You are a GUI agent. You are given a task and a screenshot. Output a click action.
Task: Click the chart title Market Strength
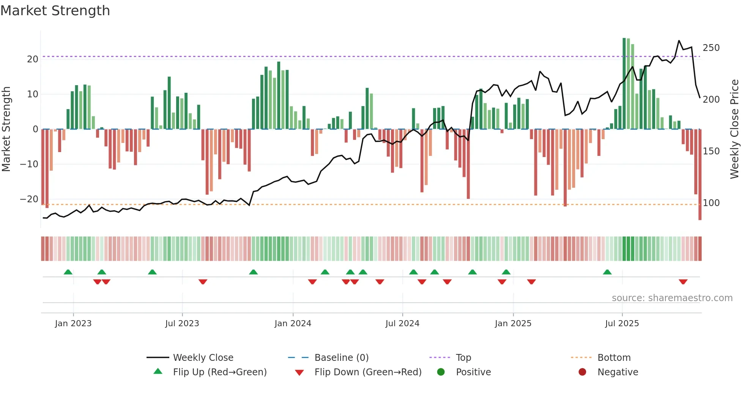pos(55,11)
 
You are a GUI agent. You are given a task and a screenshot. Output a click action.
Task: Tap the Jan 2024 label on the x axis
pos(293,324)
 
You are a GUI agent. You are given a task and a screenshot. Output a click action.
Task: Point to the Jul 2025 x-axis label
pos(622,324)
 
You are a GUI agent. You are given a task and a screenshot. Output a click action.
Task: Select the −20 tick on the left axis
pos(29,199)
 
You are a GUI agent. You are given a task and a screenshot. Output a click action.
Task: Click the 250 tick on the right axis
pos(711,48)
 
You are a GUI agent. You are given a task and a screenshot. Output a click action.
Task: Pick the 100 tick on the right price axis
pos(711,203)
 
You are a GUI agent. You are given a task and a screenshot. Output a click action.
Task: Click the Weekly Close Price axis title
pos(735,129)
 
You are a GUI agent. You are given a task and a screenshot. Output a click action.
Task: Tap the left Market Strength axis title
pos(6,129)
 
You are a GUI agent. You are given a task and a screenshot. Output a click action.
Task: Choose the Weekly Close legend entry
pos(203,358)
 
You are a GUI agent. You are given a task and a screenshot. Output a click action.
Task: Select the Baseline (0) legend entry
pos(341,358)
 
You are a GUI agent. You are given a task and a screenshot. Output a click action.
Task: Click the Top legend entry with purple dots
pos(463,358)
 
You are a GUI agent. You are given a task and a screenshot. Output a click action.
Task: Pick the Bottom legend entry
pos(614,358)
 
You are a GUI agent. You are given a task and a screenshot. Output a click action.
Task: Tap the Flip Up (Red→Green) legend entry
pos(219,372)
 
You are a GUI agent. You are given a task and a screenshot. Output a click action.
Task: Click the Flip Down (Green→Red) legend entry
pos(367,372)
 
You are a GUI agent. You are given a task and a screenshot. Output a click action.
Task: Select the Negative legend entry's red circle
pos(582,372)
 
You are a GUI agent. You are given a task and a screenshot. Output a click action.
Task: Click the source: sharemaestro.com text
pos(672,298)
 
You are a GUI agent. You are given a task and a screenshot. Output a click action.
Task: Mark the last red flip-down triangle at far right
pos(683,282)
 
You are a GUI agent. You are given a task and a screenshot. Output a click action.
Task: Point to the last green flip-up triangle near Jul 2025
pos(607,272)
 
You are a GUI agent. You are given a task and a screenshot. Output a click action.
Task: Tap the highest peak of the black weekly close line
pos(679,41)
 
